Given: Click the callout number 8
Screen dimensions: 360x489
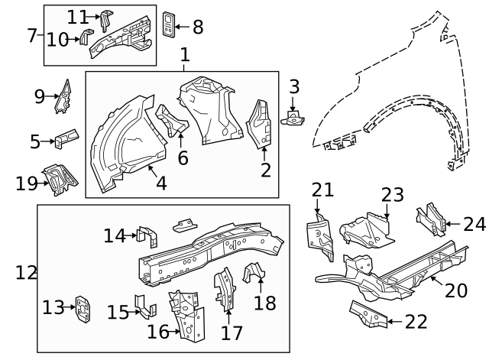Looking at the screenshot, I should tap(198, 28).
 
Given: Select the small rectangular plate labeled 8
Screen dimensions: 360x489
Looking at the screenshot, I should tap(170, 24).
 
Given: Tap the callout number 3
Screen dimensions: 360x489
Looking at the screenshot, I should tap(294, 87).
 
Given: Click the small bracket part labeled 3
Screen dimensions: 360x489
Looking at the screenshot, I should tap(293, 117).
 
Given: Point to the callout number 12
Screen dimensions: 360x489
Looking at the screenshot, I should tap(26, 272).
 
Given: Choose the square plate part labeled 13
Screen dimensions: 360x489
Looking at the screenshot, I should tap(81, 308).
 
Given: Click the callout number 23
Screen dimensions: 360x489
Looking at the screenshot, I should tap(392, 195).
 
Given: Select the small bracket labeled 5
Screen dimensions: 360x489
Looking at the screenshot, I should tap(66, 138).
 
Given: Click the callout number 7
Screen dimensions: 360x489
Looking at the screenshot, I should tap(32, 35).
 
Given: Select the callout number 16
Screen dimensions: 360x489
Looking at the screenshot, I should tap(157, 332).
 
